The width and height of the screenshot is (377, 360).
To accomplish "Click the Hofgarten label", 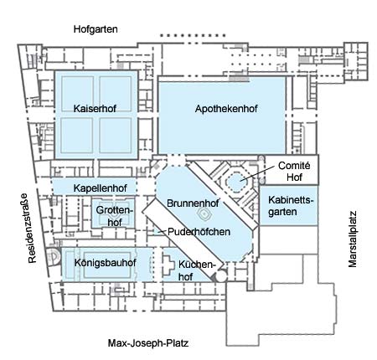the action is [x=96, y=29].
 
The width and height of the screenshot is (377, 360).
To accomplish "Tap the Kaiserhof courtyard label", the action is [x=95, y=109].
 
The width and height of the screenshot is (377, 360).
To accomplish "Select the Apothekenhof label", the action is [x=226, y=109].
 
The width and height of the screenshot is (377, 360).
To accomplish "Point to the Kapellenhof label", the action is [x=101, y=188].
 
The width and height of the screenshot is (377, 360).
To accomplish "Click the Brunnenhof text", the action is [x=193, y=203].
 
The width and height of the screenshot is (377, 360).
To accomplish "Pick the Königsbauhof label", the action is [x=106, y=263].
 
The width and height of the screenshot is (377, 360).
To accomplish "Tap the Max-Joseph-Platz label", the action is [x=148, y=343].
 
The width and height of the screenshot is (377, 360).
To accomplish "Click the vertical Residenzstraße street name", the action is [x=32, y=228].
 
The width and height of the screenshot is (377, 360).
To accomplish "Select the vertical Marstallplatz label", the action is [x=353, y=239].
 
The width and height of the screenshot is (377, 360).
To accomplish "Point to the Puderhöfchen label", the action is [x=199, y=232].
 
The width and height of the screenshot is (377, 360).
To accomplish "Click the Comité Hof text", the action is [x=294, y=172].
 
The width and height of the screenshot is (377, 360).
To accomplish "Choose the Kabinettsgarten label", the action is [x=291, y=206].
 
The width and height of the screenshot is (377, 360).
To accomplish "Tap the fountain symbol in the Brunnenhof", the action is [x=204, y=214].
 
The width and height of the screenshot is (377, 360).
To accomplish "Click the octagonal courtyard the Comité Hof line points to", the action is [x=236, y=182].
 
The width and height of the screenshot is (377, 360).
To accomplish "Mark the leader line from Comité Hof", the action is [x=257, y=173].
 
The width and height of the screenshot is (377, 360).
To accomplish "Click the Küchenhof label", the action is [x=196, y=270].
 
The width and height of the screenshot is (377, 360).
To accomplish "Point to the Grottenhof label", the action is [x=114, y=216].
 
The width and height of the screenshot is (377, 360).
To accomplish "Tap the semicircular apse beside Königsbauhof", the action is [x=54, y=257].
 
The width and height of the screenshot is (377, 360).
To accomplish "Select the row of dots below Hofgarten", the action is [x=193, y=36].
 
